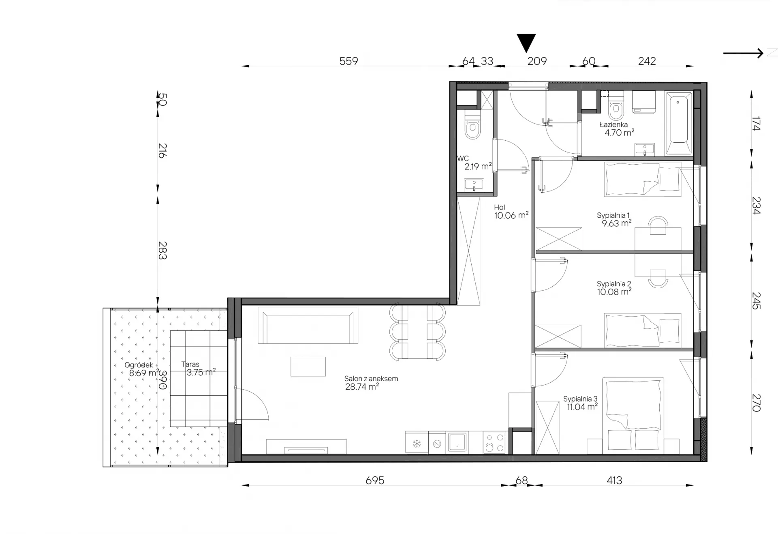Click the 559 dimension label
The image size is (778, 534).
pyautogui.click(x=348, y=61)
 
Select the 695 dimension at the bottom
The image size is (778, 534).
pyautogui.click(x=375, y=480)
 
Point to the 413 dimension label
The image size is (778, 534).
pyautogui.click(x=614, y=480)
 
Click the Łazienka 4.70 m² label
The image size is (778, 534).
pyautogui.click(x=617, y=129)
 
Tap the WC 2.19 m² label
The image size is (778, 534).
pyautogui.click(x=474, y=162)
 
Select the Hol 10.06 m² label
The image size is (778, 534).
pyautogui.click(x=511, y=212)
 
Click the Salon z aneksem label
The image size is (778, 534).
pyautogui.click(x=371, y=379)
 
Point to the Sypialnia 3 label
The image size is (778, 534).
pyautogui.click(x=580, y=399)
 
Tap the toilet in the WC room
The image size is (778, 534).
pyautogui.click(x=472, y=127)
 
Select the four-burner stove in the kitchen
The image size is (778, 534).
pyautogui.click(x=495, y=442)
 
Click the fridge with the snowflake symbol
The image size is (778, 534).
pyautogui.click(x=417, y=442)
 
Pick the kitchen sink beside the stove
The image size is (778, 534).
pyautogui.click(x=457, y=442)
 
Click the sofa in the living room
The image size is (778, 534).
pyautogui.click(x=308, y=325)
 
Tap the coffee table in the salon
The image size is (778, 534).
pyautogui.click(x=308, y=367)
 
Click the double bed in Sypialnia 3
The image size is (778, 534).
pyautogui.click(x=633, y=416)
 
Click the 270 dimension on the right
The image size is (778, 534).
pyautogui.click(x=756, y=403)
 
